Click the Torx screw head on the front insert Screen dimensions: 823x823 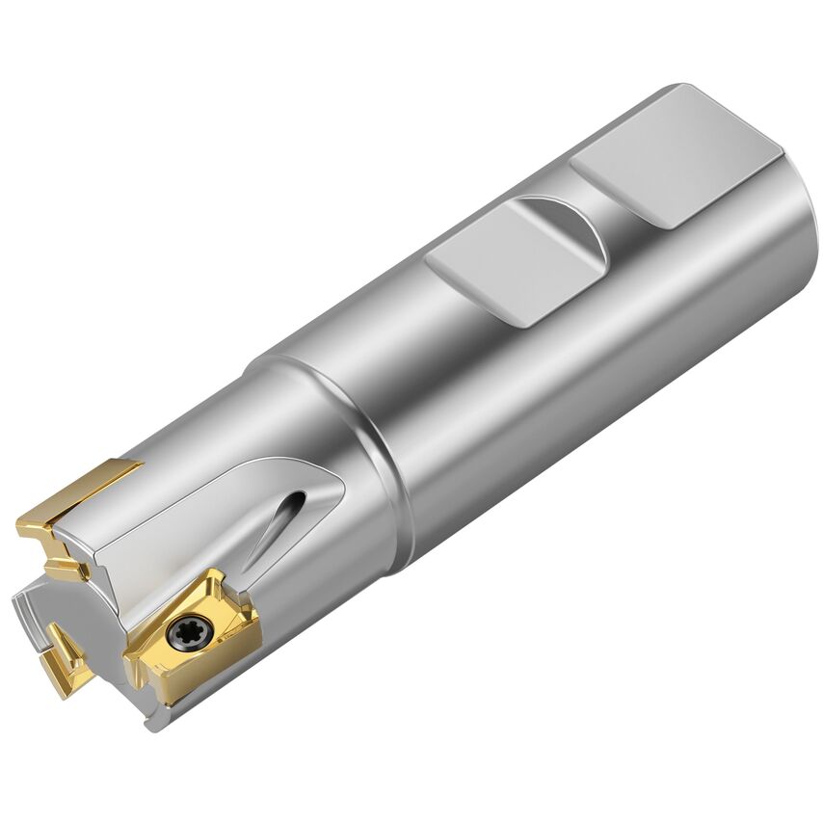tap(182, 634)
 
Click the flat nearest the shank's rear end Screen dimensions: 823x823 tap(675, 154)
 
